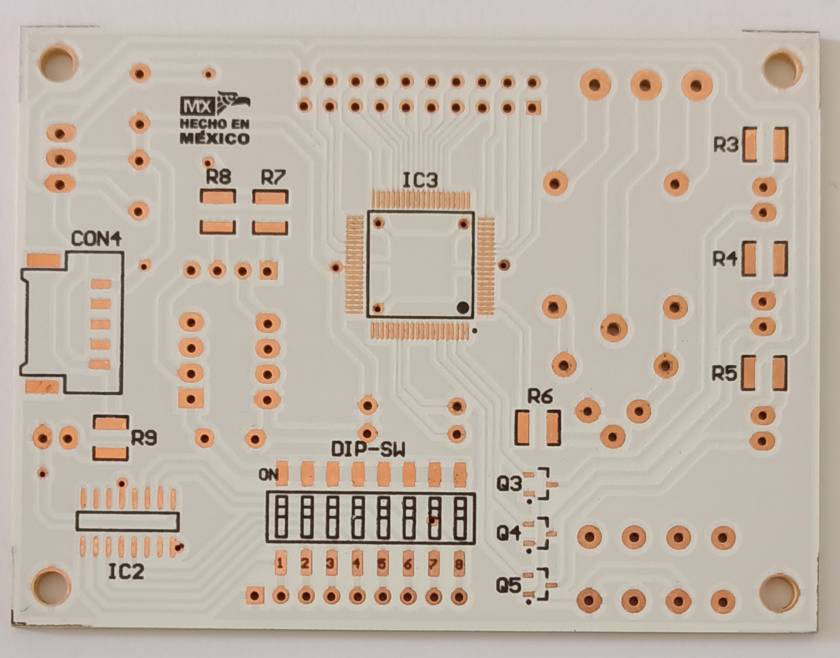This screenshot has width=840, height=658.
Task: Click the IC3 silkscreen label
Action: [419, 180]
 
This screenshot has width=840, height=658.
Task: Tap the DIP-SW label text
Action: [368, 449]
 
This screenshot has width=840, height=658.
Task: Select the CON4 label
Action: [96, 239]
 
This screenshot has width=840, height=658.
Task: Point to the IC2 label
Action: [126, 571]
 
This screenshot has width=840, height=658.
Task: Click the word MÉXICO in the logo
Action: [215, 138]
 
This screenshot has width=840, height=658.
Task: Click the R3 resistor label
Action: [726, 145]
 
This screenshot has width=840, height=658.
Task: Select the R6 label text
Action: [540, 396]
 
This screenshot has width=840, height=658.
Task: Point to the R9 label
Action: [144, 438]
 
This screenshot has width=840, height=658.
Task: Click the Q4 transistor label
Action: [508, 532]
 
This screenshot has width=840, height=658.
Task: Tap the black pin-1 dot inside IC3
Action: [463, 307]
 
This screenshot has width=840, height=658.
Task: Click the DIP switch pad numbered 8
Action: [459, 564]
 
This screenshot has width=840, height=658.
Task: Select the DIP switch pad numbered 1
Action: [280, 563]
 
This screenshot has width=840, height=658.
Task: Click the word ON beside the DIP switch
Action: [268, 475]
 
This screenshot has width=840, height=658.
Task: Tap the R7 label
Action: [273, 177]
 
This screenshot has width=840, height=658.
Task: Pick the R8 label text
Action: [218, 177]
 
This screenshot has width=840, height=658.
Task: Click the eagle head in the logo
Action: [236, 102]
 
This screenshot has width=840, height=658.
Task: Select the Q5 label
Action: [508, 585]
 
